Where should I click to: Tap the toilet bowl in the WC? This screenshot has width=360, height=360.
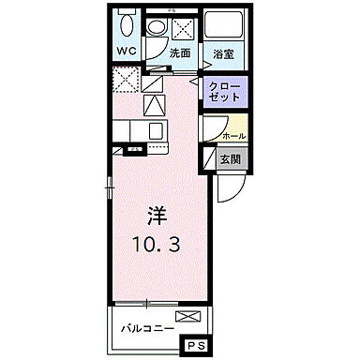tap(126, 26)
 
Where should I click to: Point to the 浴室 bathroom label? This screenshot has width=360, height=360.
tap(223, 54)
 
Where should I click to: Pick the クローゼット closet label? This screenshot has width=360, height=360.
tap(225, 92)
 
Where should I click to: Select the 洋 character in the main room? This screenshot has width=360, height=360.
tap(156, 215)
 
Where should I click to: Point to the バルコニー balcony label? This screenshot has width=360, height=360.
tap(148, 329)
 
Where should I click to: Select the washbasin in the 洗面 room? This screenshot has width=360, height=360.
tap(157, 25)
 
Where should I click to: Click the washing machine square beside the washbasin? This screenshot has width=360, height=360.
tap(181, 25)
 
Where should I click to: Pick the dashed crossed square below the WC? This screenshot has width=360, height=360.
tap(125, 81)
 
